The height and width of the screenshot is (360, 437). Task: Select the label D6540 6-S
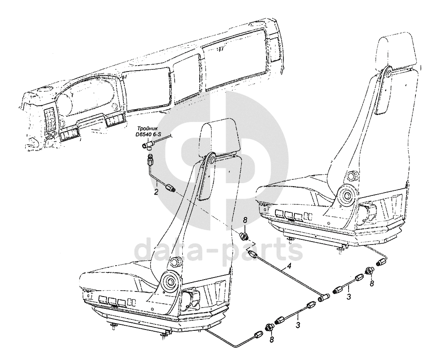[148, 134]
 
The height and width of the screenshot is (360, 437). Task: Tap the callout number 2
[157, 192]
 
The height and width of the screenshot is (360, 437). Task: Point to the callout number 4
[289, 267]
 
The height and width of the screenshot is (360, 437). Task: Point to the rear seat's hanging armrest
[384, 91]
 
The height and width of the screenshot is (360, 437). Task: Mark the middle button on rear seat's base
[289, 215]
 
